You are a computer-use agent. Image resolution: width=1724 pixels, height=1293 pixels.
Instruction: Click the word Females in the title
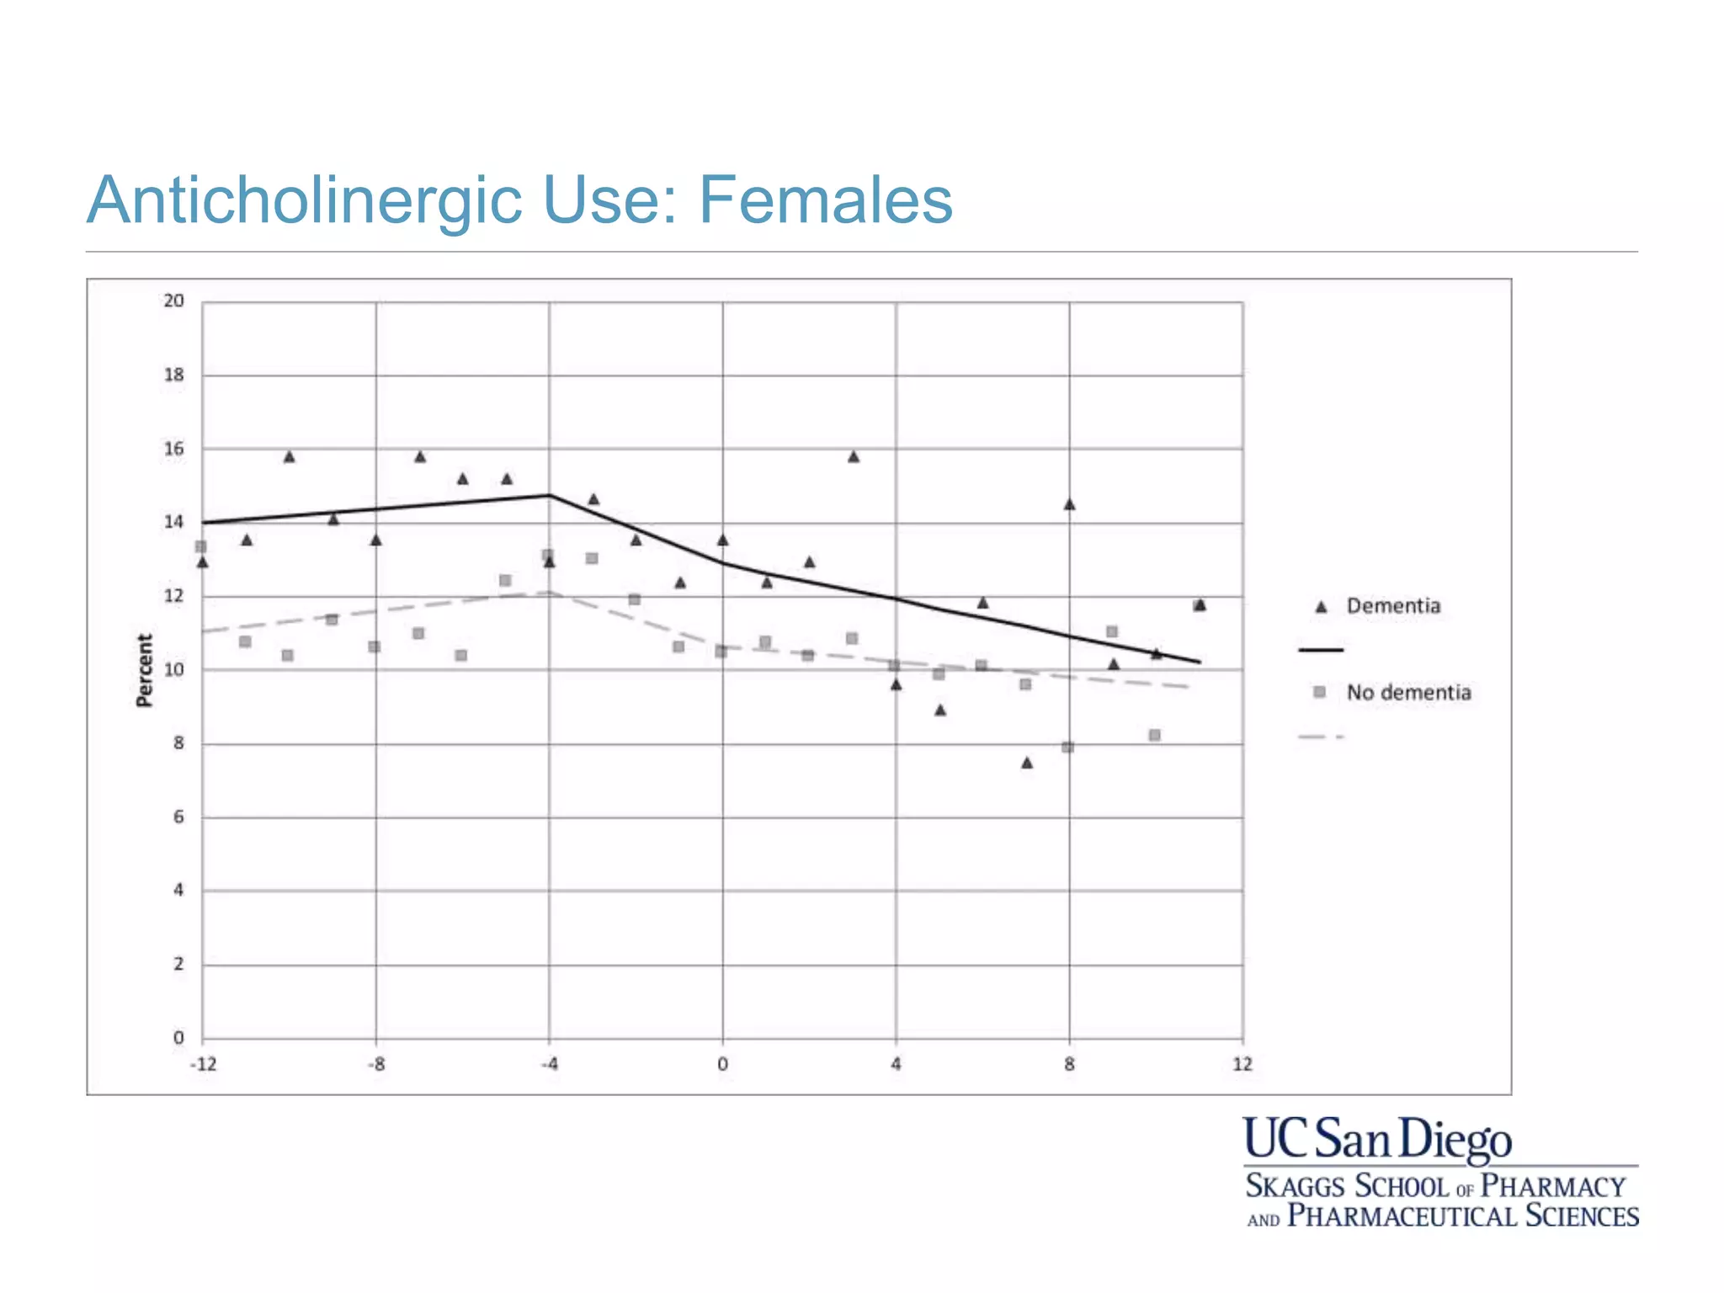click(x=825, y=200)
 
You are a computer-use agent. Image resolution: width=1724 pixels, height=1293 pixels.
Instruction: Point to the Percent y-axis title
click(x=145, y=670)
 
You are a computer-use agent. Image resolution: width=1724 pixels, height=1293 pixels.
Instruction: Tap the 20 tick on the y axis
click(x=173, y=301)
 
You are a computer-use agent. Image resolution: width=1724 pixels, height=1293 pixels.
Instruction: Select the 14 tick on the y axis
click(x=173, y=523)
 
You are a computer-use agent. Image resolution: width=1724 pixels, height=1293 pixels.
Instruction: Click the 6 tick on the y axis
click(x=178, y=817)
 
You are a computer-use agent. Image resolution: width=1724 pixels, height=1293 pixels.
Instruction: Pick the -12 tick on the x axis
click(x=203, y=1064)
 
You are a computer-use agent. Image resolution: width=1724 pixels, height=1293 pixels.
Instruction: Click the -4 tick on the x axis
click(x=549, y=1064)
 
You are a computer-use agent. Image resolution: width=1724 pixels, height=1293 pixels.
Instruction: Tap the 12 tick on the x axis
click(x=1242, y=1064)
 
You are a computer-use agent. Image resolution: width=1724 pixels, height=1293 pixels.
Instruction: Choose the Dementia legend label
click(x=1393, y=606)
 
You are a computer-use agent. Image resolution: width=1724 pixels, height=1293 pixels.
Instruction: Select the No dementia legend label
click(x=1408, y=693)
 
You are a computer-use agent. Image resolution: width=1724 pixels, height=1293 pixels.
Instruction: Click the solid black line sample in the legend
click(x=1321, y=650)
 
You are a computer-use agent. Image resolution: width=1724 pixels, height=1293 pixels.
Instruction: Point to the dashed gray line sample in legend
click(x=1321, y=737)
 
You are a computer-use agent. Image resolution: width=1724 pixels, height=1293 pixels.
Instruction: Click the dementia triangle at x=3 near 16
click(x=854, y=457)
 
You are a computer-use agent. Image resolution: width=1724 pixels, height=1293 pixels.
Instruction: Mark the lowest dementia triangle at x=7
click(x=1027, y=763)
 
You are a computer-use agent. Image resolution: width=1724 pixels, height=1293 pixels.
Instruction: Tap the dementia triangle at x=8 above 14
click(x=1069, y=504)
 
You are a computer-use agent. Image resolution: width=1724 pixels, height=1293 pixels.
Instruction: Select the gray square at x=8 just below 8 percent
click(x=1067, y=747)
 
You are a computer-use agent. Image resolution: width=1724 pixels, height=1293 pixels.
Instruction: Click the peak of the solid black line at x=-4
click(x=549, y=496)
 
